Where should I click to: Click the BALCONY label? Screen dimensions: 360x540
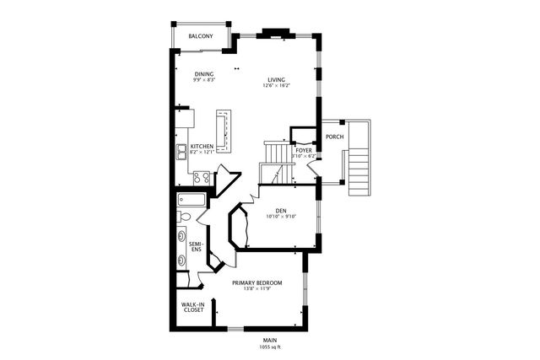pos(200,36)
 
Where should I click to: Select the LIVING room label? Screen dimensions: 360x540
pos(276,79)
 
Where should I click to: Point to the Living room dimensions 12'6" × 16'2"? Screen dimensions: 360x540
pos(276,86)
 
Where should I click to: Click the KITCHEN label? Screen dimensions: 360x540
pos(202,146)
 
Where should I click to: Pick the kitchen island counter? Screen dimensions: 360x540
pos(224,131)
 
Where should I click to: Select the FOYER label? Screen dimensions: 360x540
pos(304,149)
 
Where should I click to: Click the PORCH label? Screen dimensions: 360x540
pos(333,137)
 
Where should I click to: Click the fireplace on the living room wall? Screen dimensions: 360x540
pos(276,34)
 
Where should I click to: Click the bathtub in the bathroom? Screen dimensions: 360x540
pos(191,201)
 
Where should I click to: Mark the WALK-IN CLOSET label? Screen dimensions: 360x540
pos(194,307)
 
